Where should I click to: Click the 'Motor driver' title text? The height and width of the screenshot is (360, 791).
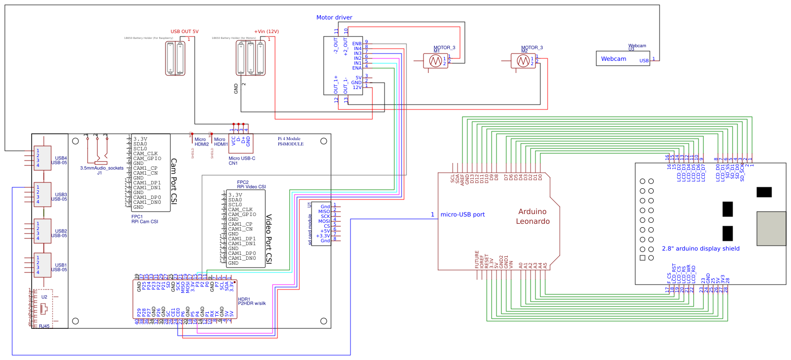[334, 18]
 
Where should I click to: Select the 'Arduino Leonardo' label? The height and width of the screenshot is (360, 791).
[533, 216]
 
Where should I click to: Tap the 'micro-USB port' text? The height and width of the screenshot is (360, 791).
[462, 215]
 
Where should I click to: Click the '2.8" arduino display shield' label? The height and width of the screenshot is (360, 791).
[700, 249]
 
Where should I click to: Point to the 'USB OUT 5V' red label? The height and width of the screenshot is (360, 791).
[184, 32]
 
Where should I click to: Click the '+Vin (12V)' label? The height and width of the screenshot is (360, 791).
[266, 32]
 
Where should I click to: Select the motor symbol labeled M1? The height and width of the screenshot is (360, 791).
[435, 61]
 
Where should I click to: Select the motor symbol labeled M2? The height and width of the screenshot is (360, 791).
[523, 61]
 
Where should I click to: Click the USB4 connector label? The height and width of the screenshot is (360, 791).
[60, 158]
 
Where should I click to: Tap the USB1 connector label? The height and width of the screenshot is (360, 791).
[60, 265]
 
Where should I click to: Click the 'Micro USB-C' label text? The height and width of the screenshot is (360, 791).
[241, 159]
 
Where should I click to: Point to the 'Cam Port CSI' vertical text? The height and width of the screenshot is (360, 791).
[174, 181]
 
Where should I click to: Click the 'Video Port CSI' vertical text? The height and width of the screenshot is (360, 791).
[269, 238]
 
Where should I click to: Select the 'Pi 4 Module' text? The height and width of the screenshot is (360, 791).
[289, 139]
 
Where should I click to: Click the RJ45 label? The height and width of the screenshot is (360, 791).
[44, 326]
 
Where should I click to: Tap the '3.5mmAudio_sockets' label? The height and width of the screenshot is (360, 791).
[102, 168]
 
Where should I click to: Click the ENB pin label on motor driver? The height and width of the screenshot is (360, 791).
[357, 44]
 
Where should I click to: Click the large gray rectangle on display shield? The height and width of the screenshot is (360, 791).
[771, 229]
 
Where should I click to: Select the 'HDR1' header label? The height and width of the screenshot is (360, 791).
[244, 299]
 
